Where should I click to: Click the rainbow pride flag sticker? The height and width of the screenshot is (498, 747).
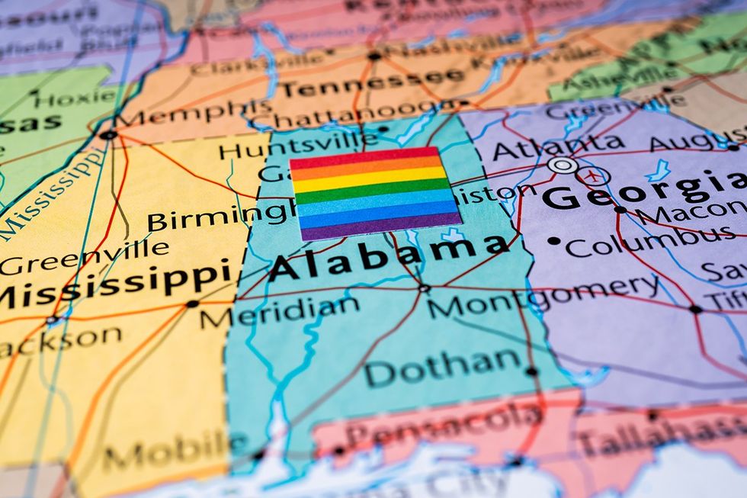(x=375, y=194)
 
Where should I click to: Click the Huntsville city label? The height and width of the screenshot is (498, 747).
(x=298, y=144)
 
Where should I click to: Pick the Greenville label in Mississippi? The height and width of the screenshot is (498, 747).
(x=84, y=255)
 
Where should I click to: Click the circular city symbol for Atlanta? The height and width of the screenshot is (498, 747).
(x=563, y=165)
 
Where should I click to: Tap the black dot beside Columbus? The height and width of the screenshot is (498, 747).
(x=554, y=242)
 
